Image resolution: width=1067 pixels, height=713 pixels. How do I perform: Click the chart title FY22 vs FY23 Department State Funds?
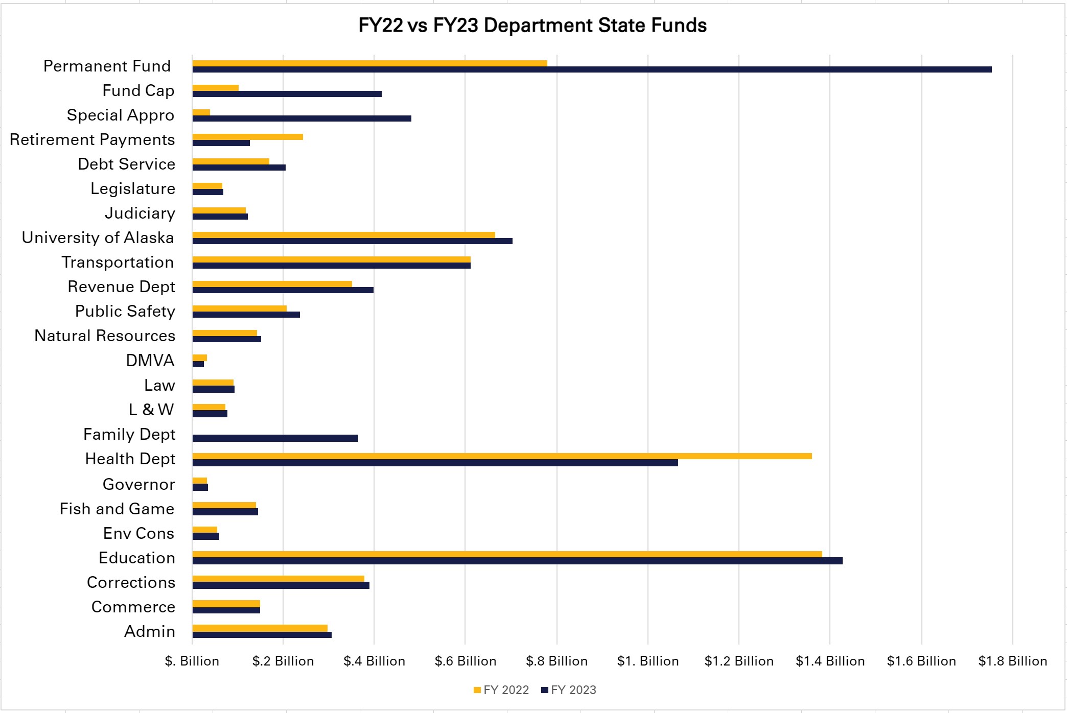click(x=532, y=26)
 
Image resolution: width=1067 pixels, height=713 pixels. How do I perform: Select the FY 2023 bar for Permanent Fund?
click(x=592, y=69)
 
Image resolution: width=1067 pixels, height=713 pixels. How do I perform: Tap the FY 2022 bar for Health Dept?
click(x=502, y=456)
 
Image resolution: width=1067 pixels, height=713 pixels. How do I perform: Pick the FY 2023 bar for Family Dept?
click(x=275, y=438)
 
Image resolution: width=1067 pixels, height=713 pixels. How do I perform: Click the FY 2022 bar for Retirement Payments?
click(x=247, y=137)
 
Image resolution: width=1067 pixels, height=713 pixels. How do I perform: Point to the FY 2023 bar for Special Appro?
click(x=301, y=118)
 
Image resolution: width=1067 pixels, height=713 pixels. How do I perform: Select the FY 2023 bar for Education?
click(x=517, y=561)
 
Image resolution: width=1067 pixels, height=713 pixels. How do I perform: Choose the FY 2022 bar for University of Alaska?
click(x=343, y=235)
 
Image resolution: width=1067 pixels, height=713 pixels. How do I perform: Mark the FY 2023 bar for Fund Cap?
click(x=287, y=94)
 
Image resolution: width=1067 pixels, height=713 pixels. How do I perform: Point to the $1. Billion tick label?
click(x=647, y=661)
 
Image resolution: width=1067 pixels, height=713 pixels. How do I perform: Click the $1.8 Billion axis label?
click(x=1012, y=661)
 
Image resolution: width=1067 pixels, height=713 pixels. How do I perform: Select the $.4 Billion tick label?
click(x=374, y=661)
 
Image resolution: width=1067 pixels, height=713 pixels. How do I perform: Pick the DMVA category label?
click(x=150, y=361)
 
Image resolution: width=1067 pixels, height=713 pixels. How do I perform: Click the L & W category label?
click(x=151, y=410)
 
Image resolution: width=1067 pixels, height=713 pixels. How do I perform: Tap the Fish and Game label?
click(x=117, y=509)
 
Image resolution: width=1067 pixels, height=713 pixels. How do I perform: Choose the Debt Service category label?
click(x=126, y=164)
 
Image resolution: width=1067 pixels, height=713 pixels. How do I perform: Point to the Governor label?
click(x=138, y=484)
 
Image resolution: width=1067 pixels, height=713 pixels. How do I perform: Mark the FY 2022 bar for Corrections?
click(x=278, y=579)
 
